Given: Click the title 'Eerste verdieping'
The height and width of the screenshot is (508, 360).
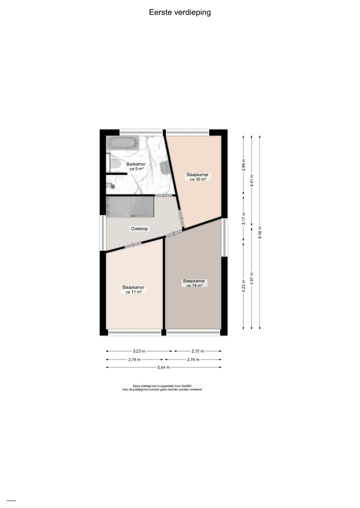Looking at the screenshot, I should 179,12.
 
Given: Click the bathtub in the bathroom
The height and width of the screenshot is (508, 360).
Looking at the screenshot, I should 122,143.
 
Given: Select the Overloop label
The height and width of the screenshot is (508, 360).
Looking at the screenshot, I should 139,228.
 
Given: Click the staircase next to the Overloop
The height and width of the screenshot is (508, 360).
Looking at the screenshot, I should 129,207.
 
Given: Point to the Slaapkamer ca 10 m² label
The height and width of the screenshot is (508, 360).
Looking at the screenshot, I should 198,177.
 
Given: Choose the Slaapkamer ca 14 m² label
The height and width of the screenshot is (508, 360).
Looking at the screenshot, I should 194,283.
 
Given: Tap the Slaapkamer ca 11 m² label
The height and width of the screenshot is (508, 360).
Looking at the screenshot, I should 133,289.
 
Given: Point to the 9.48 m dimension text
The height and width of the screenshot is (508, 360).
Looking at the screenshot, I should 260,233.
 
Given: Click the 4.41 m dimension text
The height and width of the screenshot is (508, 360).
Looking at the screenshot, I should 251,179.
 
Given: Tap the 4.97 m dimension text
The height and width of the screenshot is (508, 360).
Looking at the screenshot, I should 251,277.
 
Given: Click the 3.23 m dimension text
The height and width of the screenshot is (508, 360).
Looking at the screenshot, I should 138,351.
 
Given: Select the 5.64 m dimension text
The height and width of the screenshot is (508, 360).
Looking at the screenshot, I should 163,368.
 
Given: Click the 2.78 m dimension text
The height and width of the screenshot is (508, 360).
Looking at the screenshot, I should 134,359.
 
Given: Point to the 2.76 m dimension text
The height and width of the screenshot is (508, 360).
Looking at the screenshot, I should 193,359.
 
